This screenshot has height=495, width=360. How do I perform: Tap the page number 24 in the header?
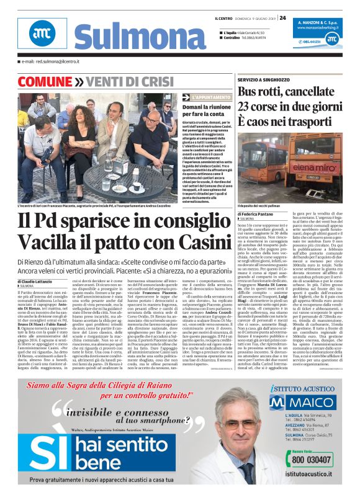[x=282, y=17]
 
